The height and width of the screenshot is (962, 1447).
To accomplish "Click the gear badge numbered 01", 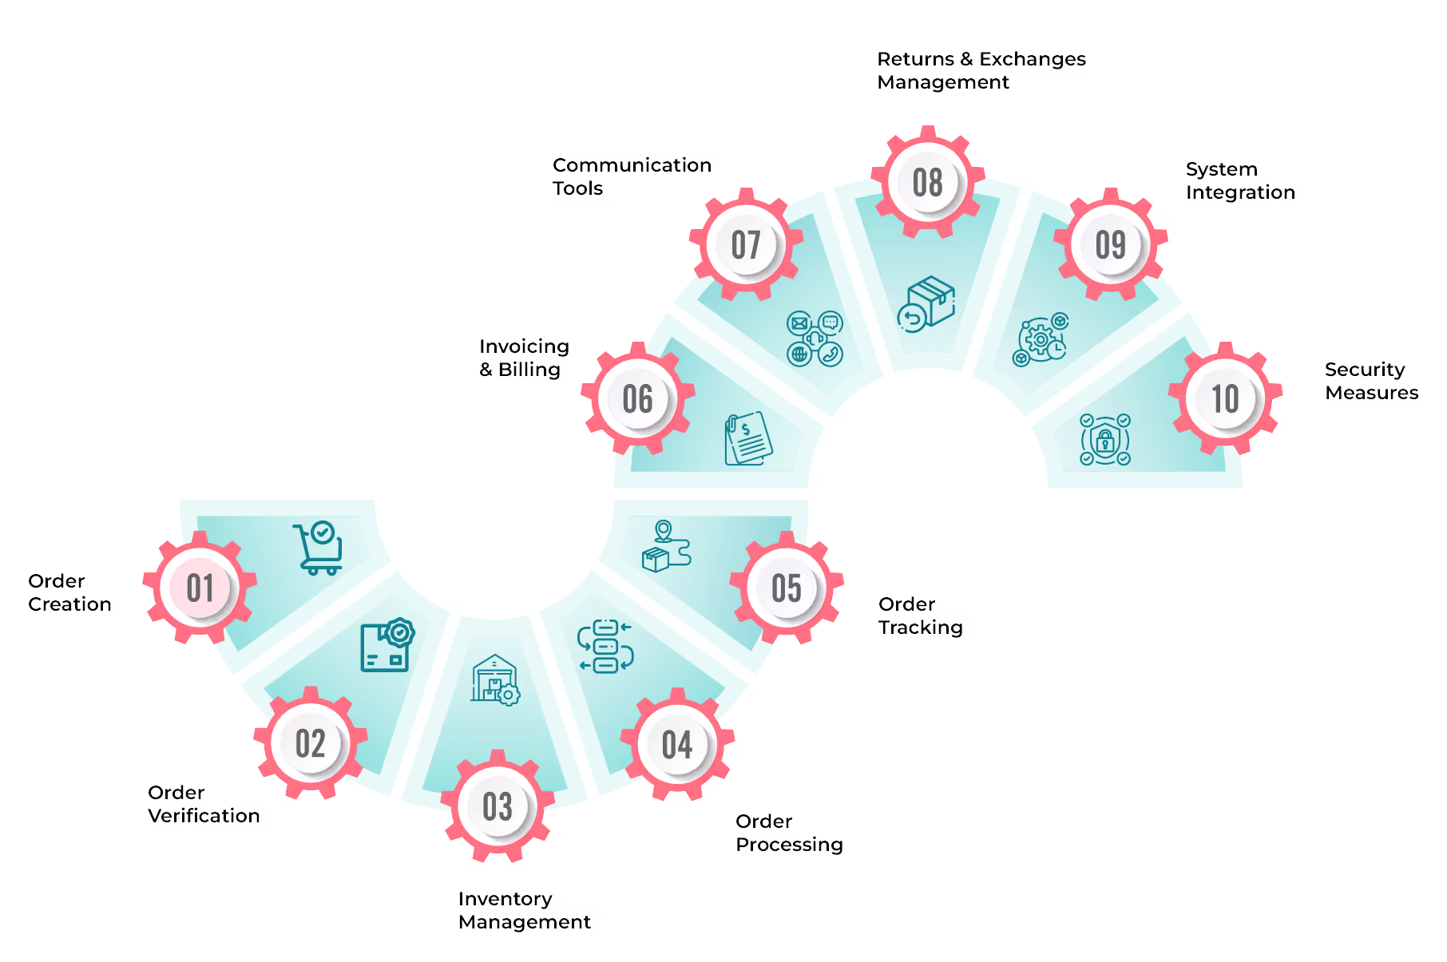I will [x=200, y=588].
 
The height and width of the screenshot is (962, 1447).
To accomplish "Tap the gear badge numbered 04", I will [x=677, y=745].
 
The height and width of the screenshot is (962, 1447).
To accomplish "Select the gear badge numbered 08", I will [x=927, y=183].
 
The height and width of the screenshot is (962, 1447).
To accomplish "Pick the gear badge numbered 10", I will [x=1225, y=399].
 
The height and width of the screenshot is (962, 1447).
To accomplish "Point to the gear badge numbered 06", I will [x=638, y=399].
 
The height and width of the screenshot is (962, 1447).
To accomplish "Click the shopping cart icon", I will [x=319, y=548].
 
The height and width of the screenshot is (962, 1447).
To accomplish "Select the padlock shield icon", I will [x=1105, y=439].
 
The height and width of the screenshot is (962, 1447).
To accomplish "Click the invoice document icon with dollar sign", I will [x=747, y=438].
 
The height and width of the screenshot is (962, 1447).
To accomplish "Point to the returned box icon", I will [x=926, y=304].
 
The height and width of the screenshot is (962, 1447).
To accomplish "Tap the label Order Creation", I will [x=69, y=592].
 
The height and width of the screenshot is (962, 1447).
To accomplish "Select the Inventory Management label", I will [x=524, y=910].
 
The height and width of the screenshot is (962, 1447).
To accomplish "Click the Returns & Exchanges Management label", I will [x=981, y=70].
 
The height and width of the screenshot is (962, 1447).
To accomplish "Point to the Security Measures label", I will [x=1371, y=381].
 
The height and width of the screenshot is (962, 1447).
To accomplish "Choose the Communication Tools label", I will [x=631, y=176].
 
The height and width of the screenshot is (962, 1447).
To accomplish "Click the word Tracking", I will [x=921, y=627].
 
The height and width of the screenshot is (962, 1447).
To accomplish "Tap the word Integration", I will [x=1240, y=192].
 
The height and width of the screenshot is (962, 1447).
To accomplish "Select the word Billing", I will [x=529, y=370].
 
